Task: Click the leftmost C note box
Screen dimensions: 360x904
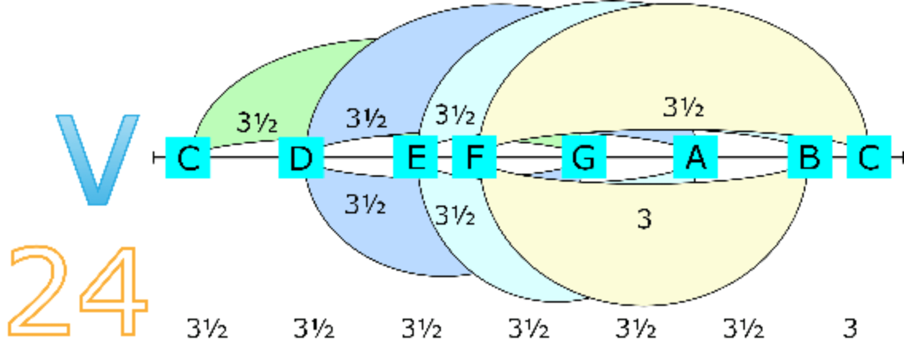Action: (x=188, y=158)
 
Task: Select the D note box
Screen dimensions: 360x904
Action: (x=301, y=158)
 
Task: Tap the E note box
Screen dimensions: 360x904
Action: (x=415, y=157)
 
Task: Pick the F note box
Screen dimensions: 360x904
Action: (x=474, y=157)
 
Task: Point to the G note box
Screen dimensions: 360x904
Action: (x=584, y=157)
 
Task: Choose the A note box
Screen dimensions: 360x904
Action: (x=695, y=157)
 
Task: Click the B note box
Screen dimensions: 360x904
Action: (x=810, y=157)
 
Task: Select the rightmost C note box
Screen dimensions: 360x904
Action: (x=869, y=157)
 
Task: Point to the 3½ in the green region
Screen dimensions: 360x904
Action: (x=257, y=122)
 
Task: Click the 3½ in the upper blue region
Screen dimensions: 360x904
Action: (x=366, y=118)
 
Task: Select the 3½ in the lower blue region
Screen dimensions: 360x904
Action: (x=365, y=205)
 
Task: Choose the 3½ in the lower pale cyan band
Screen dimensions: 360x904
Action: (x=455, y=216)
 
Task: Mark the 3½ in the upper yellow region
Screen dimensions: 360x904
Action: (x=684, y=107)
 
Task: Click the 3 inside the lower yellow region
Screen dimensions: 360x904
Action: (x=645, y=219)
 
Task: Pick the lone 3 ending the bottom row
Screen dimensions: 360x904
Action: (x=850, y=328)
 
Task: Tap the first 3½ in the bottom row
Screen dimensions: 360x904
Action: (x=207, y=328)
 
